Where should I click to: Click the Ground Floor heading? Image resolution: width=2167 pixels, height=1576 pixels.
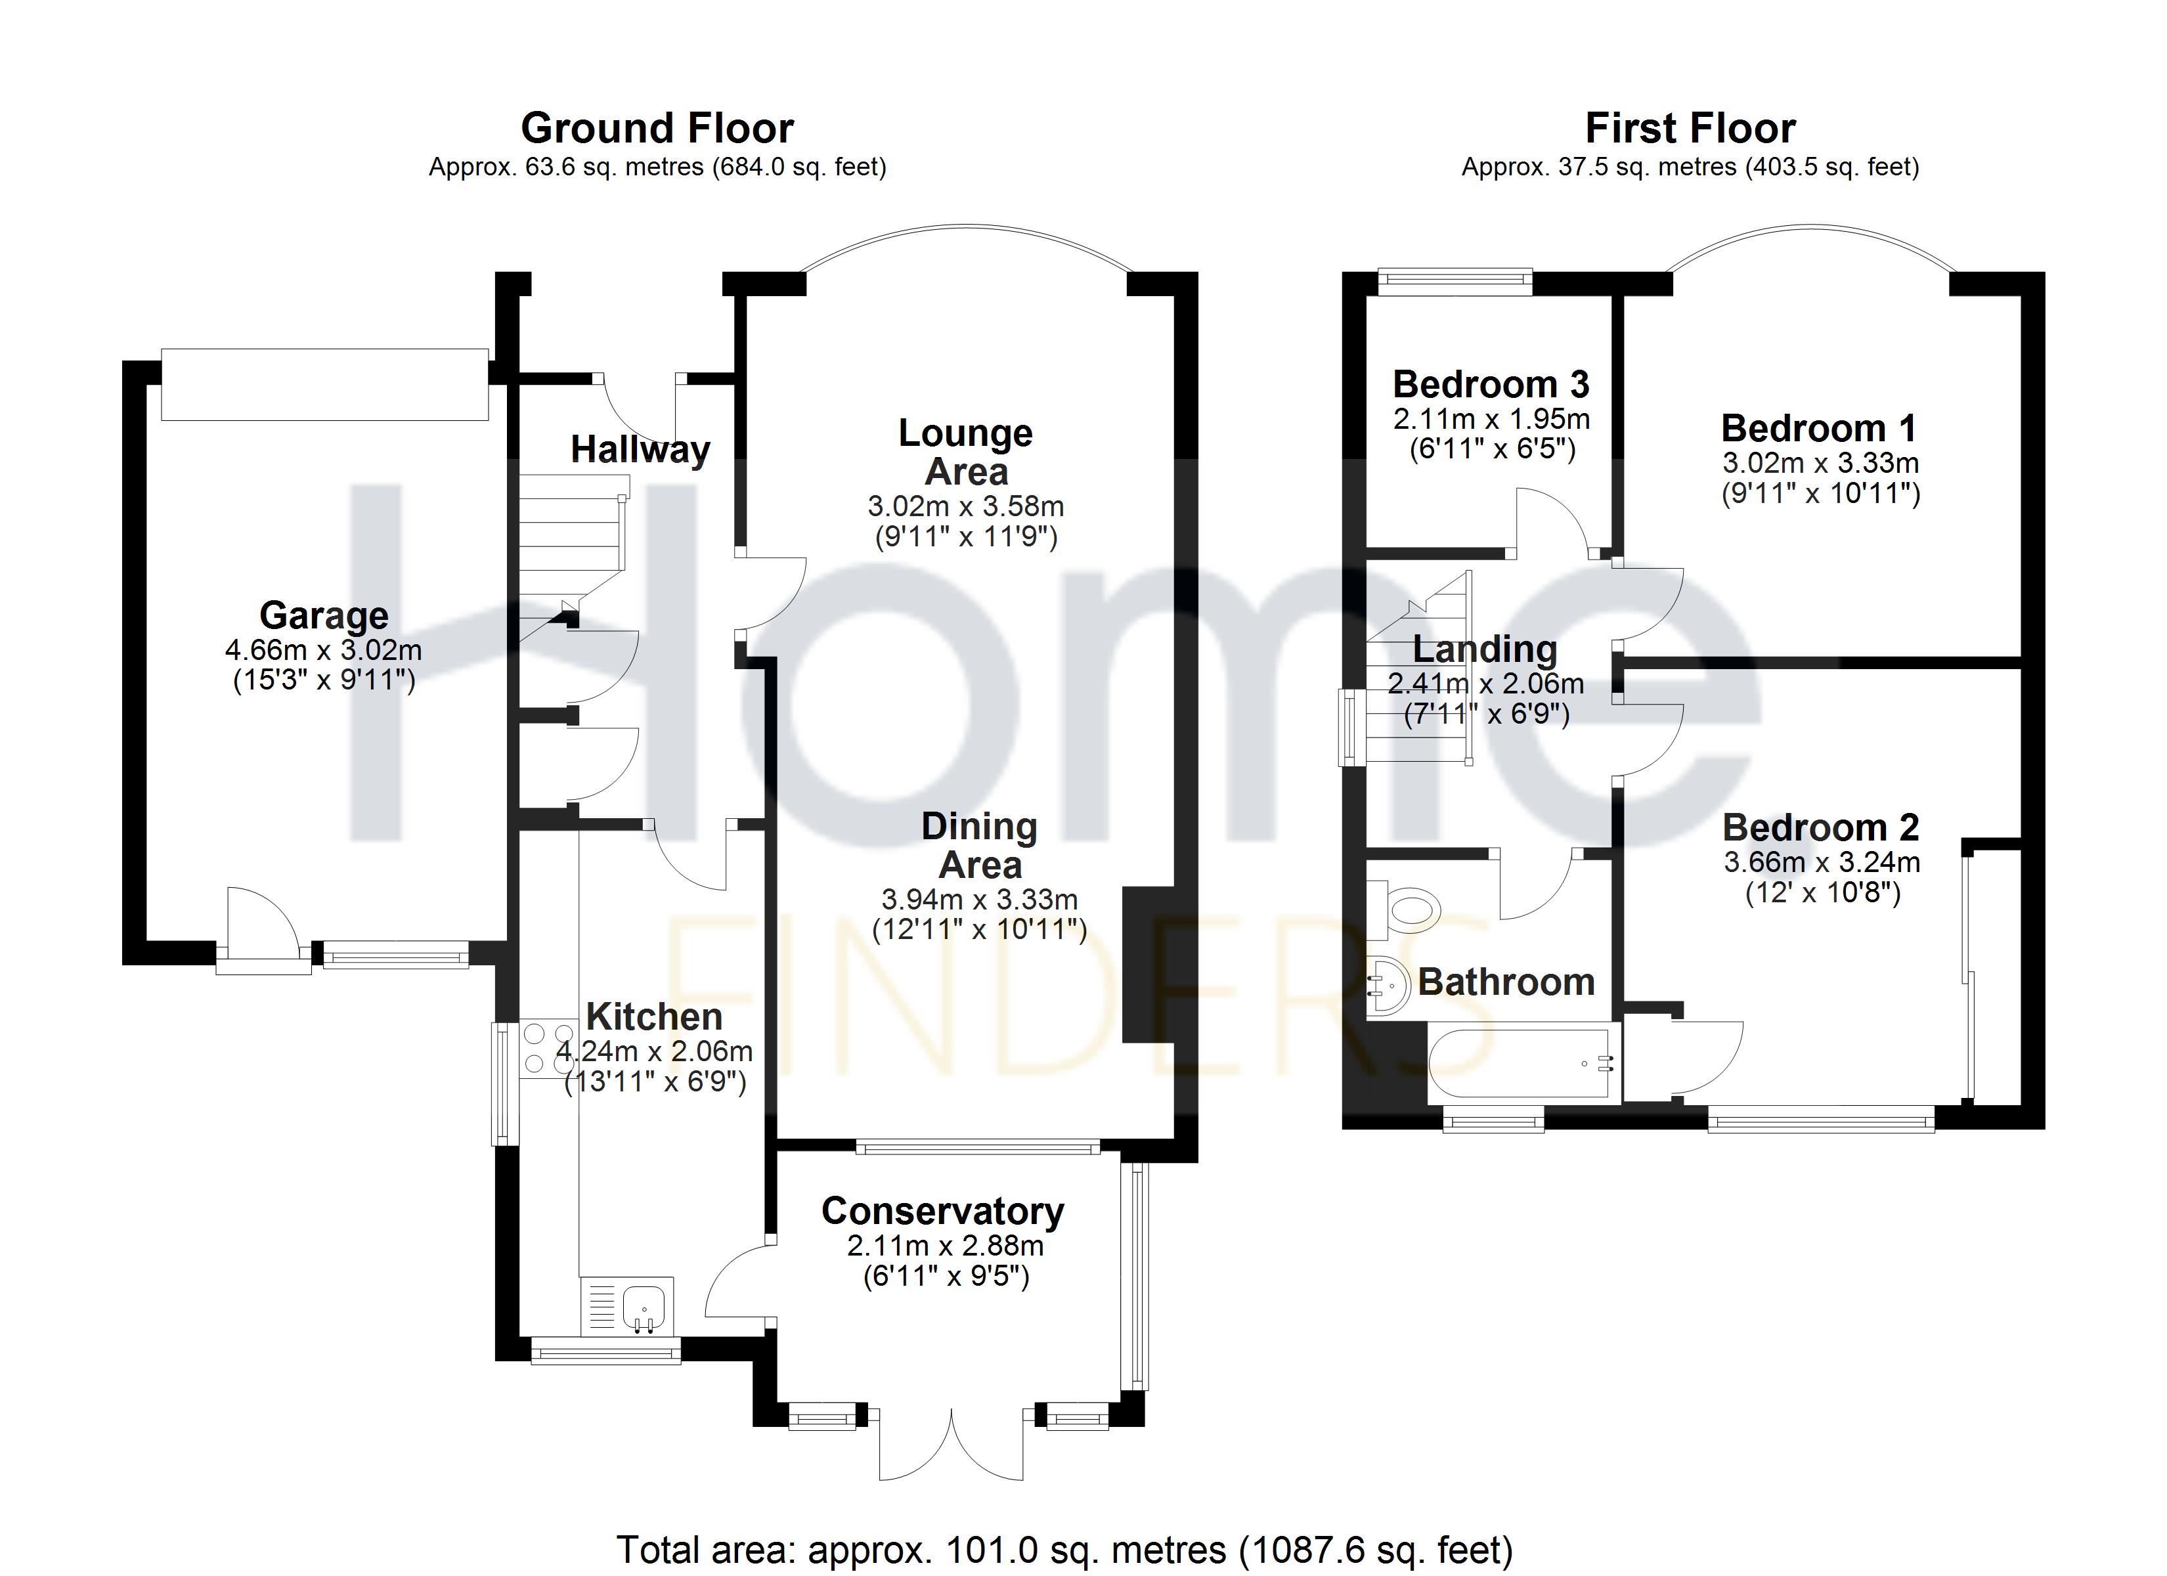pos(657,128)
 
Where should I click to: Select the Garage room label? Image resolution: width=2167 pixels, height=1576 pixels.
pos(324,615)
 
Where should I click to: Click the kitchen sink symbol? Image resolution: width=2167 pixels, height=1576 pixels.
pos(644,1307)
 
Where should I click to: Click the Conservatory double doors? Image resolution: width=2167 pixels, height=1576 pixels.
pos(952,1446)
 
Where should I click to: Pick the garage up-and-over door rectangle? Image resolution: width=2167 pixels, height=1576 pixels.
pos(325,384)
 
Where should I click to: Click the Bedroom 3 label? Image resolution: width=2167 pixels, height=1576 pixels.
pos(1491,384)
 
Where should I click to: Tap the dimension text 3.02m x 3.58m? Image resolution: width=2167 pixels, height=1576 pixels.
pos(965,506)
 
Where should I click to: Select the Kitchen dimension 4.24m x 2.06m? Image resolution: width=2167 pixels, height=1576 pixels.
pos(655,1052)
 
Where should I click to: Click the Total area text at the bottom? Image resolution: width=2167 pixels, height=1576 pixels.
pos(1064,1549)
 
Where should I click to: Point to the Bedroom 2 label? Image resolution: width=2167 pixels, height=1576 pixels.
pos(1820,827)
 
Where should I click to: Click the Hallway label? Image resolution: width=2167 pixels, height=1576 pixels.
pos(640,449)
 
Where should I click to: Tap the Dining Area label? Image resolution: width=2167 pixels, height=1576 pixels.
pos(979,846)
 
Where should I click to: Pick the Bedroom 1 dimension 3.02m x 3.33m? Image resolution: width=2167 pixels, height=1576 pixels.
pos(1820,464)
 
